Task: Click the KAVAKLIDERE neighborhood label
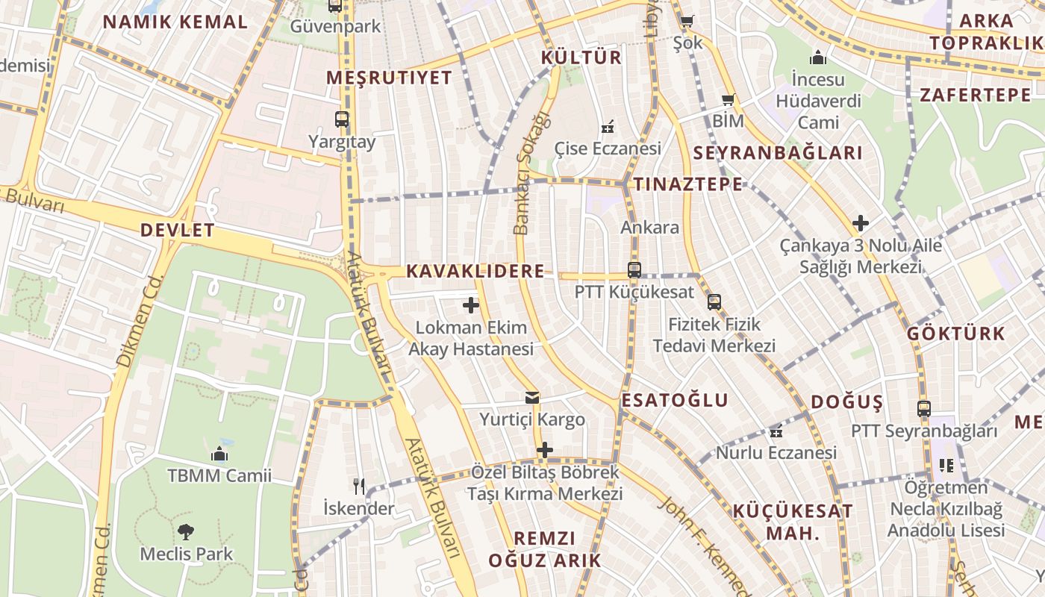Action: coord(475,272)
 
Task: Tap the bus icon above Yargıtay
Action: coord(342,119)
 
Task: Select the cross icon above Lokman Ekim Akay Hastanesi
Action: coord(471,305)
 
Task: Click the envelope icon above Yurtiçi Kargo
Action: coord(532,398)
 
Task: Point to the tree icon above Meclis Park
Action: coord(186,532)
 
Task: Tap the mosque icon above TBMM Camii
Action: coord(219,454)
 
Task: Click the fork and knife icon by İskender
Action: coord(359,487)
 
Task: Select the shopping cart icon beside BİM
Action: coord(729,100)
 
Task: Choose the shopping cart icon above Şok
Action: coord(687,21)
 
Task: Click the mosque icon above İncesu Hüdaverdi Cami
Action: coord(818,57)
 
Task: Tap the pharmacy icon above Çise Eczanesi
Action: coord(608,127)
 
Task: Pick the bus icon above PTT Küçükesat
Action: coord(634,270)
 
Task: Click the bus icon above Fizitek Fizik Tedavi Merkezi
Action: coord(714,302)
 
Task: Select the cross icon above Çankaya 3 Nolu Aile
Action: coord(861,223)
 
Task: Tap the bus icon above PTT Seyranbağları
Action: coord(924,409)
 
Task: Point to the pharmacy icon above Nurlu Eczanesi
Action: coord(776,431)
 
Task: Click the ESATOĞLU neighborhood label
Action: coord(675,401)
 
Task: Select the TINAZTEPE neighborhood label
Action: coord(688,184)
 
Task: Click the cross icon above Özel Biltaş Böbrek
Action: coord(546,450)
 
